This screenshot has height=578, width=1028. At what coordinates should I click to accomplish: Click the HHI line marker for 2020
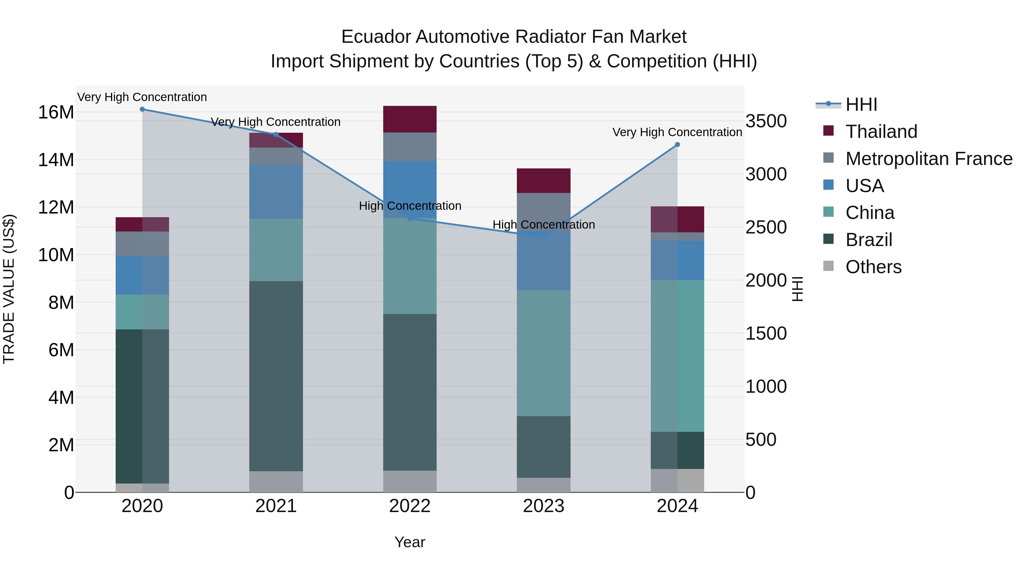point(142,109)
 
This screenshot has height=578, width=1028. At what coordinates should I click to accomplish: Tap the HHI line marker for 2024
point(677,144)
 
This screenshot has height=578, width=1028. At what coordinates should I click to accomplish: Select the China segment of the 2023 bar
point(543,353)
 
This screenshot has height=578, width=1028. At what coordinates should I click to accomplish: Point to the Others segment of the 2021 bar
point(276,482)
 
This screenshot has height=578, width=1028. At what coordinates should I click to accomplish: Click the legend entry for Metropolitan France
point(929,159)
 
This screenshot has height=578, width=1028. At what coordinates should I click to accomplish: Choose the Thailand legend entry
point(881,132)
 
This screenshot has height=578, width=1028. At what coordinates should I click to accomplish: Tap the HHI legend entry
point(861,104)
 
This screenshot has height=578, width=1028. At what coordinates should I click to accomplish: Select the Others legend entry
point(873,267)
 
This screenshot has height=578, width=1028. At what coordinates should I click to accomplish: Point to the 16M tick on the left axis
point(56,112)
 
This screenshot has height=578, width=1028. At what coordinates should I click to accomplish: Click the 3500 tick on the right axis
point(766,121)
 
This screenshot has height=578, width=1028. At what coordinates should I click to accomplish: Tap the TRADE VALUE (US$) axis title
point(9,289)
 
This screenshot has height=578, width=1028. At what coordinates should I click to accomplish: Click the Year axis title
point(409,542)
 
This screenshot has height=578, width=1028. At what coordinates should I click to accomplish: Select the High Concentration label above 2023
point(543,225)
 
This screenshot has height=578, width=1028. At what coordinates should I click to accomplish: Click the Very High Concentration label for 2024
point(677,132)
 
